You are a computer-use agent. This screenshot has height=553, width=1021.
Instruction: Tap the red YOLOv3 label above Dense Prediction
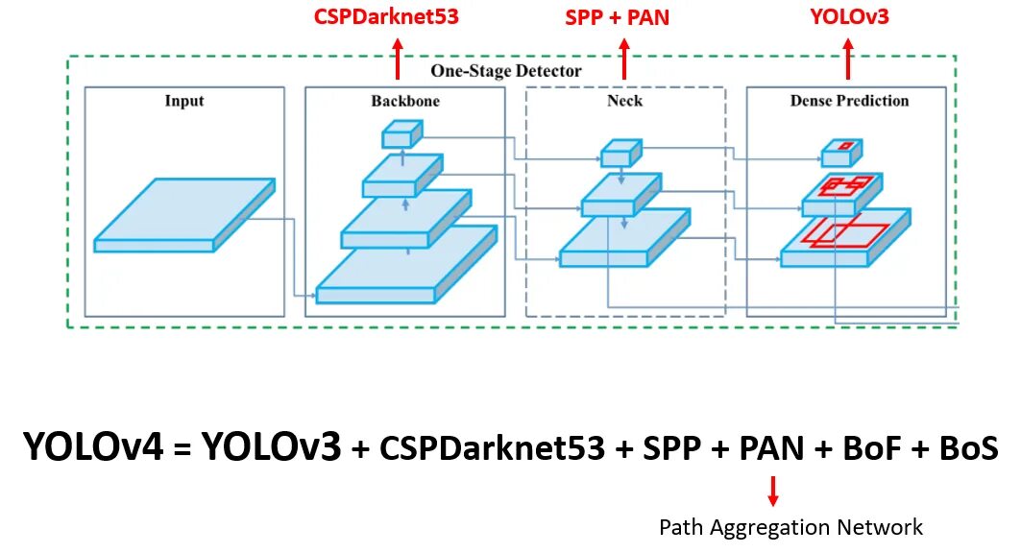847,16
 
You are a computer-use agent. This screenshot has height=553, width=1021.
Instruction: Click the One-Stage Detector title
505,71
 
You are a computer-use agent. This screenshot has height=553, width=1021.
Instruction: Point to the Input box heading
184,101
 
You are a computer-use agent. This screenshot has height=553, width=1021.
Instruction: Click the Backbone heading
405,101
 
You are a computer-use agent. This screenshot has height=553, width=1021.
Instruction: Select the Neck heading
624,101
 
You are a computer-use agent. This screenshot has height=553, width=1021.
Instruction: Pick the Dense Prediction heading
849,101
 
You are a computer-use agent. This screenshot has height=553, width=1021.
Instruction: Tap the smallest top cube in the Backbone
401,135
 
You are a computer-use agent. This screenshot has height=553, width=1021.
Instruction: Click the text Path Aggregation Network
790,527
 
